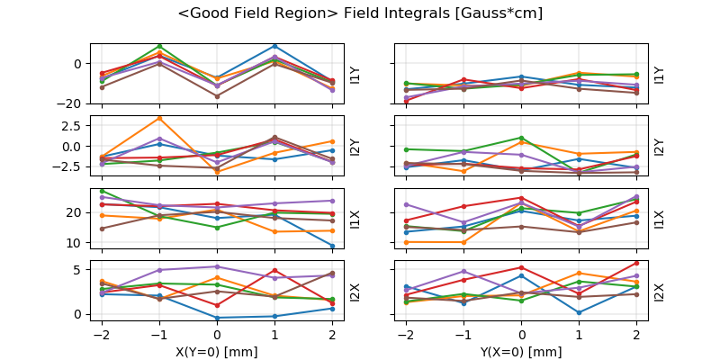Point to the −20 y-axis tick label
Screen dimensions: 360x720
coord(70,103)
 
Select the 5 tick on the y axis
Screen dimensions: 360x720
coord(79,269)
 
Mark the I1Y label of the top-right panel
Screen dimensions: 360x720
coord(660,74)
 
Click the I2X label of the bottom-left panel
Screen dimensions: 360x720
coord(354,292)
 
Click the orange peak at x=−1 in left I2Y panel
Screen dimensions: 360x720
coord(159,118)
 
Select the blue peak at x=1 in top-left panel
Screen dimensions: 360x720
coord(274,46)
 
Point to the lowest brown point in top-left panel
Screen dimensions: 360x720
coord(217,96)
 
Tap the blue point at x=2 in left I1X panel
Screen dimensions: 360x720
coord(332,246)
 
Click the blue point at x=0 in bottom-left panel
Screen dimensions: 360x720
coord(217,318)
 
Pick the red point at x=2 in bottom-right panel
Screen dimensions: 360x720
coord(637,263)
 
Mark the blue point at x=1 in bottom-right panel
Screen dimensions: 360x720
coord(580,312)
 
